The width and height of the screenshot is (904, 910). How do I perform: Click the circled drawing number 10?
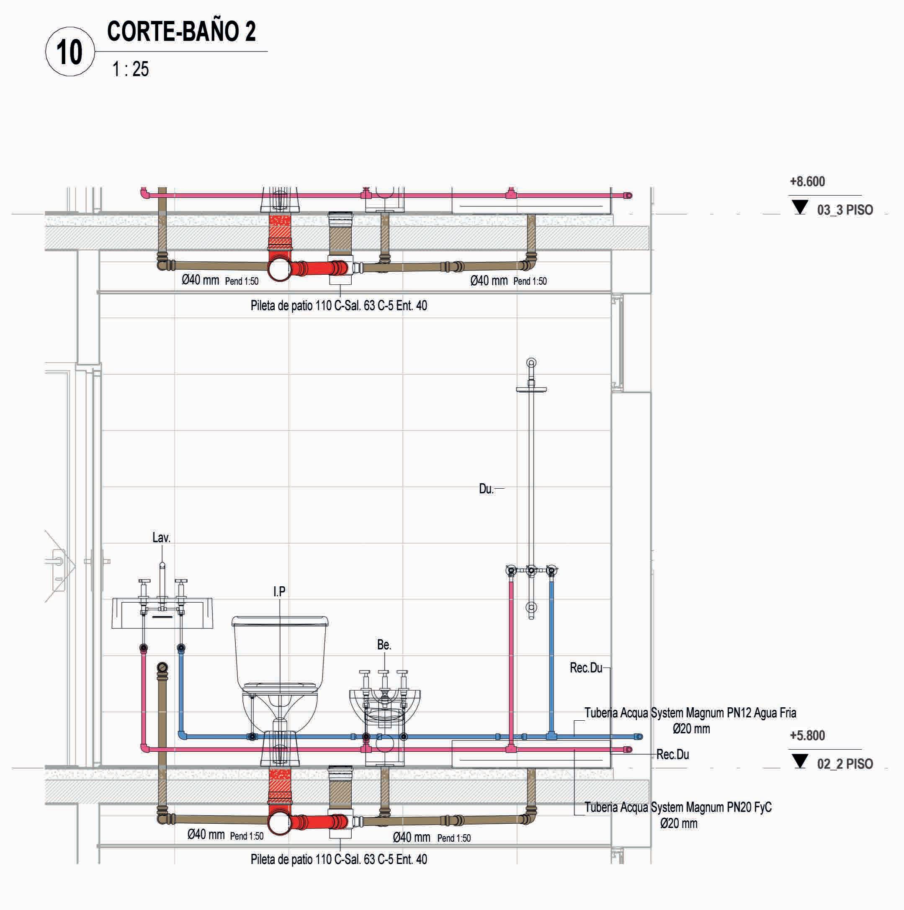coord(70,52)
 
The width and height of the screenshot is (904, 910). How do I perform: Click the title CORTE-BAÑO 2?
coord(181,31)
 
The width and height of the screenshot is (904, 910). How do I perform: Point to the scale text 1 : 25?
coord(130,69)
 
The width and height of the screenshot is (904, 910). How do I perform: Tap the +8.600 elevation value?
coord(807,182)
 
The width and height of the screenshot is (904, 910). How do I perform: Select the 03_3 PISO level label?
coord(845,210)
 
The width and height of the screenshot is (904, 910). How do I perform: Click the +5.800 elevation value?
coord(807,735)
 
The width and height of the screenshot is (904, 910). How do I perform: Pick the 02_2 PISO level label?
coord(845,764)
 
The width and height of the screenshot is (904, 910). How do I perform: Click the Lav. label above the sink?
coord(161,537)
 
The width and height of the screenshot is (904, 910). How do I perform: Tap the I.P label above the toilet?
coord(279,592)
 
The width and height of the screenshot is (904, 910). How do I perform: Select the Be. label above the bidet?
coord(384,645)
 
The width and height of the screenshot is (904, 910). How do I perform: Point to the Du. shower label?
coord(486,489)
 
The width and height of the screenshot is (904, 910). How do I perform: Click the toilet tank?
coord(280,650)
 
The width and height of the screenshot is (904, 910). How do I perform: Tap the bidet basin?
coord(385,706)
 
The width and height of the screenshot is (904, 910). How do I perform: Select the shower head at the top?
coord(531,389)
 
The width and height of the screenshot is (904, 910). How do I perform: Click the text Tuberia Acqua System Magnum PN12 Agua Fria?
coord(690,713)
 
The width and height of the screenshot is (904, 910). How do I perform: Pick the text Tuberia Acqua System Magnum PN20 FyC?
coord(678,807)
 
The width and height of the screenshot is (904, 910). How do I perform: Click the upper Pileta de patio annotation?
coord(339,306)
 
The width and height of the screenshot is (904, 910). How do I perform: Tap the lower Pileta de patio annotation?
coord(339,860)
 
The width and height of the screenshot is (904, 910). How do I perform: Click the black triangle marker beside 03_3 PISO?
coord(799,206)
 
